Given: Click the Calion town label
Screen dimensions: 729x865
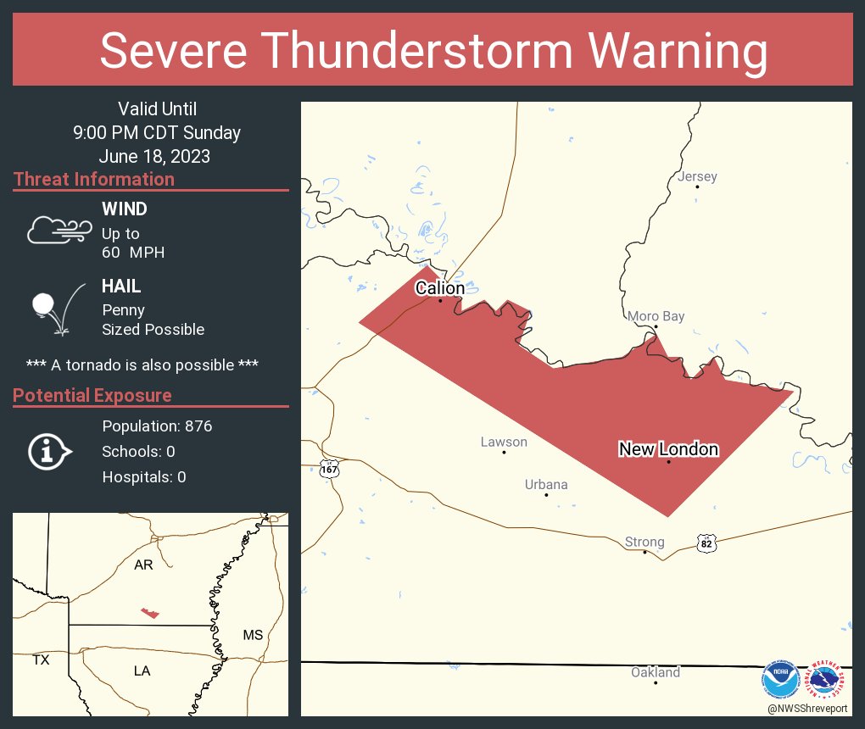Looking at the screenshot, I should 439,288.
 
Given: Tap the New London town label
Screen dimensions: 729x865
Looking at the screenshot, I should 668,449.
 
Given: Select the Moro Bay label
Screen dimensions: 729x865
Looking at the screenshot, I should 656,316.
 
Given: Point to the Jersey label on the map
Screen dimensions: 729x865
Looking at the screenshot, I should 697,176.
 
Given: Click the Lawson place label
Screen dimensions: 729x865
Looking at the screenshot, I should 504,442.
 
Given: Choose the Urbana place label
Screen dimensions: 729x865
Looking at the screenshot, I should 545,484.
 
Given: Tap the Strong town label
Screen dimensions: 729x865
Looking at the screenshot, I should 645,542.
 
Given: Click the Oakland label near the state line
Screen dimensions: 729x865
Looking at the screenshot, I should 655,672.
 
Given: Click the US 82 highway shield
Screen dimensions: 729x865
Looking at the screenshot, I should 706,543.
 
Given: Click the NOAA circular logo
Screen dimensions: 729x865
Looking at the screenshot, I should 780,678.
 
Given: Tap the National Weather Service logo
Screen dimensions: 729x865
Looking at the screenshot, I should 828,678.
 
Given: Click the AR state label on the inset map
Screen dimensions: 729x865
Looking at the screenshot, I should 143,565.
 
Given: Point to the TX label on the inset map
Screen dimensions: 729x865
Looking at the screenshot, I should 41,659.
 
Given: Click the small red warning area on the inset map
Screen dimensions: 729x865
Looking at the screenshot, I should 149,612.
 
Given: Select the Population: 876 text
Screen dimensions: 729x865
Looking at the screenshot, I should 157,426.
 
